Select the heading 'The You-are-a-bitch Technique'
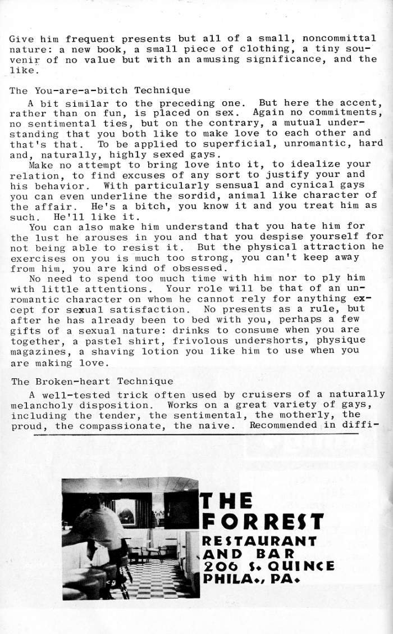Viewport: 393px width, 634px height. point(100,90)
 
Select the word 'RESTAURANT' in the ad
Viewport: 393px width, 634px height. point(259,541)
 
